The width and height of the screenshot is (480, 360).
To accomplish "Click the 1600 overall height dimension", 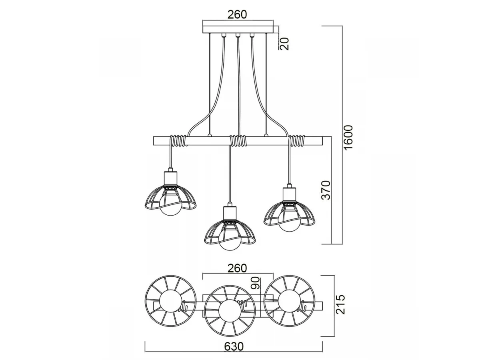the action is pos(348,137).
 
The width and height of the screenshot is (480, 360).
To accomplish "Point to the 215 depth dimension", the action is pos(340,304).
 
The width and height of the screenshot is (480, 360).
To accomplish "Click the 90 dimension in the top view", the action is pos(256,283).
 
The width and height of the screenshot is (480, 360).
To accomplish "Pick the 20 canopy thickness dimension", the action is pos(284,44).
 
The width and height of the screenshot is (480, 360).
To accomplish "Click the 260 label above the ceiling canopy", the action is pos(237,14).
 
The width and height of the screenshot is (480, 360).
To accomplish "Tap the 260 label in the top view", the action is pos(237,268).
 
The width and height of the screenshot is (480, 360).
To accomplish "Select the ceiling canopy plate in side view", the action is pos(238,30).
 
